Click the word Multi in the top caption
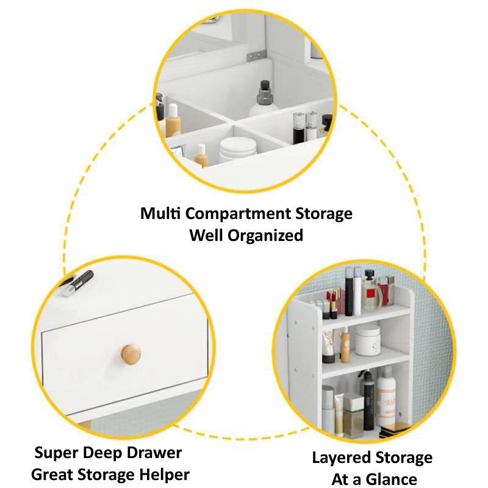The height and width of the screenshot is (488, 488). pyautogui.click(x=161, y=214)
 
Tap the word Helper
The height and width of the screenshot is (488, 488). pyautogui.click(x=163, y=474)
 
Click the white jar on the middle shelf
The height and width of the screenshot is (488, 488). pyautogui.click(x=368, y=340)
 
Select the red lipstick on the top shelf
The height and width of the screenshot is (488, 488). pyautogui.click(x=334, y=303)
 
